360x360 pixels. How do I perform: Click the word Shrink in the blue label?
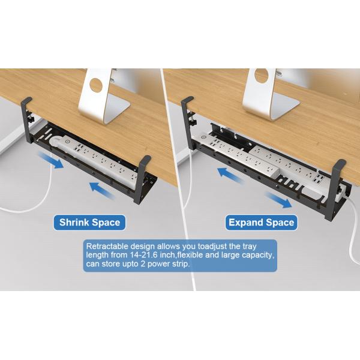coord(74,223)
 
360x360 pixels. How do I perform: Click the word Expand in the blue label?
coord(245,223)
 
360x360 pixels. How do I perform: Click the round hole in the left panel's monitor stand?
coord(96,83)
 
